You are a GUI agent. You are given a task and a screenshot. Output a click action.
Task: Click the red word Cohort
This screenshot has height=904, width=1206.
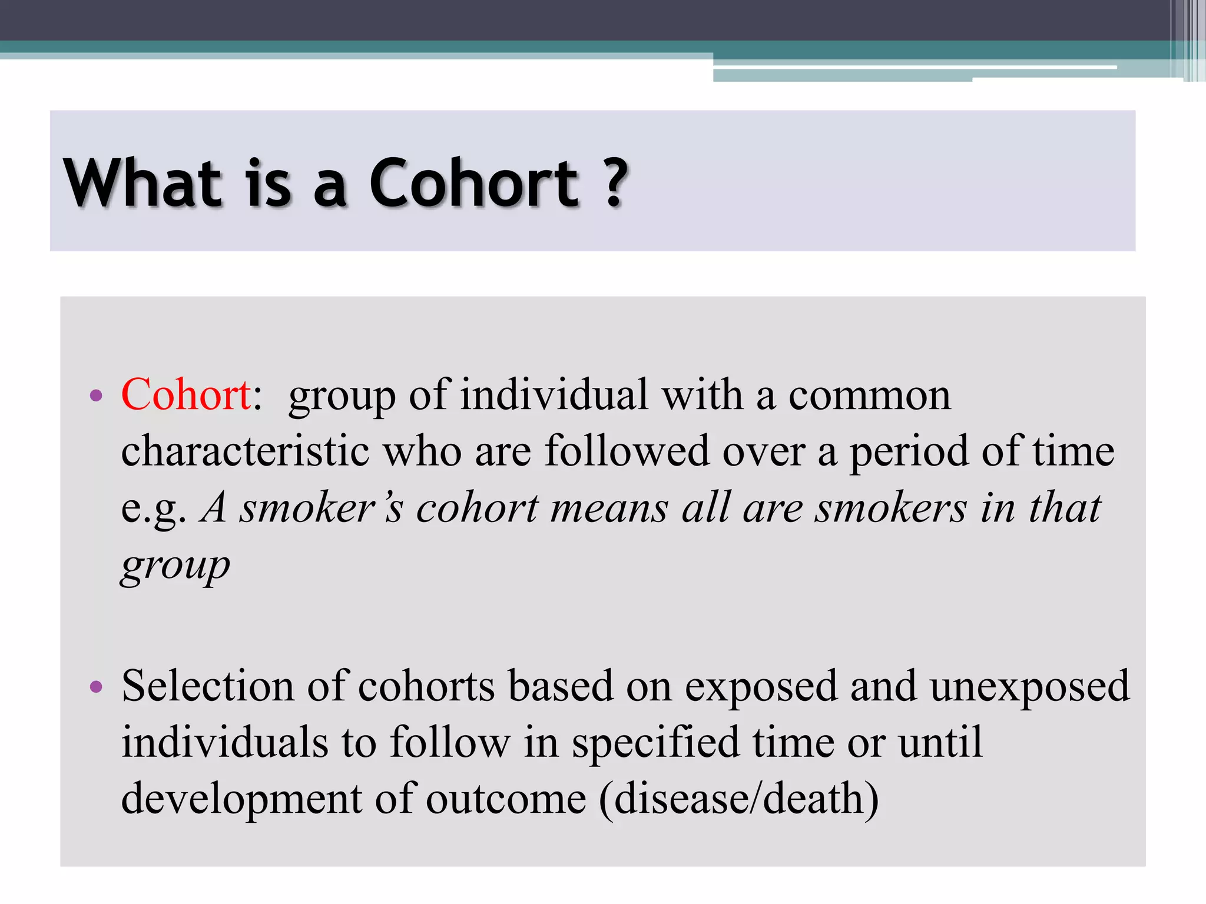coord(186,394)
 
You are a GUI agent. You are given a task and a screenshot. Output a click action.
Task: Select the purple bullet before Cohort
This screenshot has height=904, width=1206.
coord(96,395)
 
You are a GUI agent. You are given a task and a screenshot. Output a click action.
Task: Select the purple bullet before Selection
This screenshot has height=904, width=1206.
coord(96,687)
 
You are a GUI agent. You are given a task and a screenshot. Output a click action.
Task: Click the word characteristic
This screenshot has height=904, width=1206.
coord(245,451)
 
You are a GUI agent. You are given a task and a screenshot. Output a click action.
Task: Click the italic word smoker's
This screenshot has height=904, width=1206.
coord(322,507)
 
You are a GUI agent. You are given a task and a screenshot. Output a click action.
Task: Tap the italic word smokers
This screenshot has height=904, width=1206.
coord(890,507)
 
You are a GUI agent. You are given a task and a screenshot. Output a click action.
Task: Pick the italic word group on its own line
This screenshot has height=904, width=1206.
coord(175,566)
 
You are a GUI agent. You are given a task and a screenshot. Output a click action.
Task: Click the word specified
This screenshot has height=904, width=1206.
coord(655,743)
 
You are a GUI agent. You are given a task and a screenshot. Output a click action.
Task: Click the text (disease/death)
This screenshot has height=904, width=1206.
coord(739,799)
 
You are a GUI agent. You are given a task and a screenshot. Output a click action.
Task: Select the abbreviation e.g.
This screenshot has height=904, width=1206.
coord(154,508)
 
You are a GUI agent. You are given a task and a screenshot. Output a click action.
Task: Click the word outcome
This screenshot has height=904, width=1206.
coord(506,799)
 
